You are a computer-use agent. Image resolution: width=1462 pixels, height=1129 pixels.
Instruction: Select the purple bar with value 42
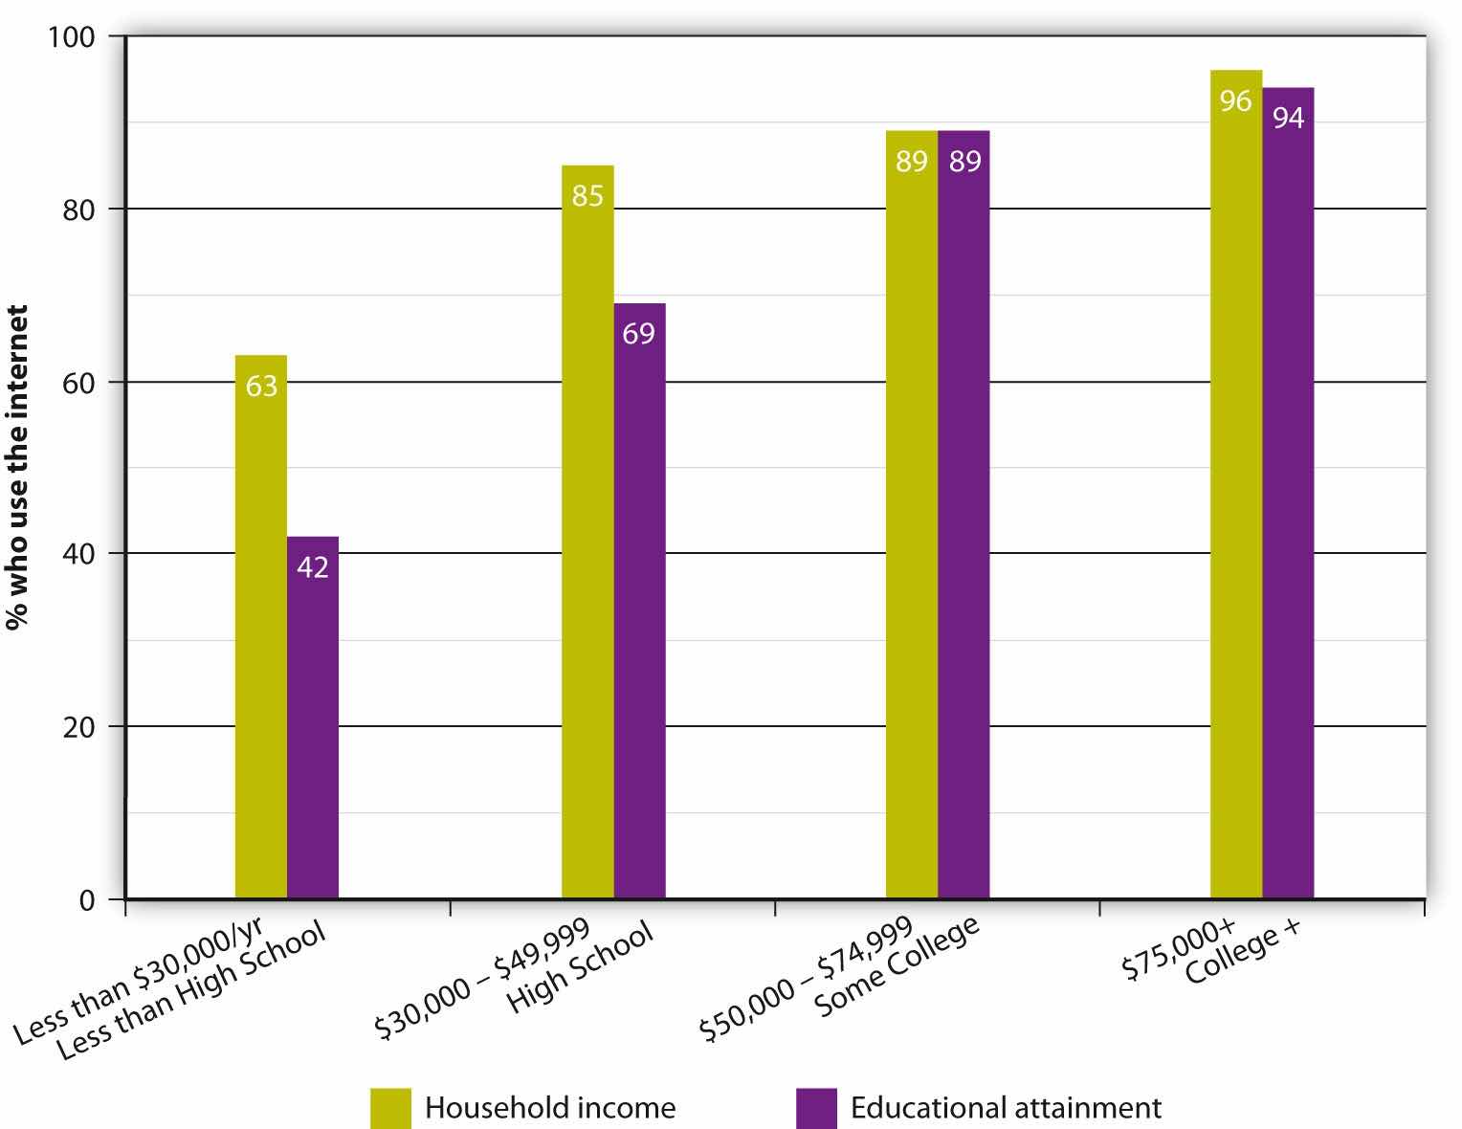pyautogui.click(x=313, y=718)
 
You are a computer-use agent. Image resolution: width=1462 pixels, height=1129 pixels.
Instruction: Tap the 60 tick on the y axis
pyautogui.click(x=84, y=382)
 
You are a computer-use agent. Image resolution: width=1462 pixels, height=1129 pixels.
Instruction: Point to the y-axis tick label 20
pyautogui.click(x=84, y=726)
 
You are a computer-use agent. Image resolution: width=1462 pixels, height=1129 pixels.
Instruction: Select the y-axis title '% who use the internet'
pyautogui.click(x=16, y=467)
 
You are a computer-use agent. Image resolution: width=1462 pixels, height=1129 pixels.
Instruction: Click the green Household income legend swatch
pyautogui.click(x=390, y=1108)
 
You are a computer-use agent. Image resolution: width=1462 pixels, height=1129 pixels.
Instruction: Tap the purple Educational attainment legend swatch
pyautogui.click(x=816, y=1108)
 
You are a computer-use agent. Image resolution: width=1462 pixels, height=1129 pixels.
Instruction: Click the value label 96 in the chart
pyautogui.click(x=1236, y=100)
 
